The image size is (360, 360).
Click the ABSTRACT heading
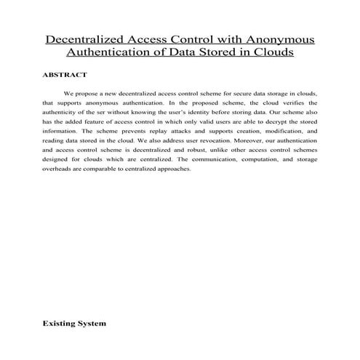click(x=65, y=74)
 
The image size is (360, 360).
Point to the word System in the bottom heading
click(x=91, y=322)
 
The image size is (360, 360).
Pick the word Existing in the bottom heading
click(x=57, y=322)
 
